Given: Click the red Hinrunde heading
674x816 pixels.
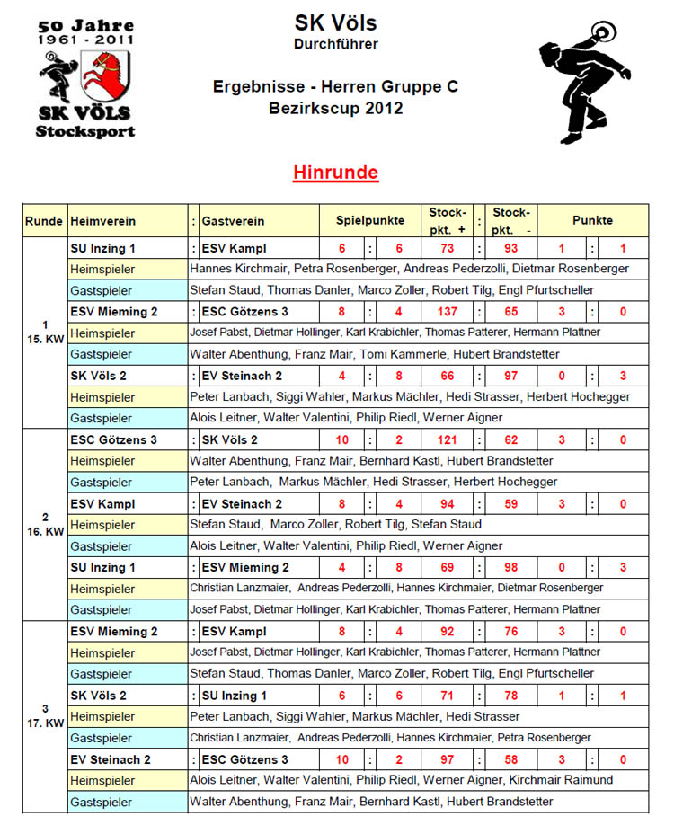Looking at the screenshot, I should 335,173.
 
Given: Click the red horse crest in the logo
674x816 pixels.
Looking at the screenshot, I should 105,75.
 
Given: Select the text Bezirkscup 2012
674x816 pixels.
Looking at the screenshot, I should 335,109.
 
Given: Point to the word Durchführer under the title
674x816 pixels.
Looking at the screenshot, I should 335,43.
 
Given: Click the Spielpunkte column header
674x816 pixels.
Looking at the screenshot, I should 370,220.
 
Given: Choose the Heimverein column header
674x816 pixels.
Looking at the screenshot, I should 102,221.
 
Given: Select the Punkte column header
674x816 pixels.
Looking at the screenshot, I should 592,220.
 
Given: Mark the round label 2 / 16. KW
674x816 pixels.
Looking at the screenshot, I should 46,524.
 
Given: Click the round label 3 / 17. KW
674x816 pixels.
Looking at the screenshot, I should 46,716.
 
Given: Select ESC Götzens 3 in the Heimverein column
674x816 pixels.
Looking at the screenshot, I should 113,440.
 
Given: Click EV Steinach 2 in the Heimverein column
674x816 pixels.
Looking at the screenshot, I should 110,759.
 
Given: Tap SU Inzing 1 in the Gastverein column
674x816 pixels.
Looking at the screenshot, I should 235,696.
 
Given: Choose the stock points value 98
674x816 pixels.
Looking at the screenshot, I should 510,568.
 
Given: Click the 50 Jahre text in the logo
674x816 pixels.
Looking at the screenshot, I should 85,26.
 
